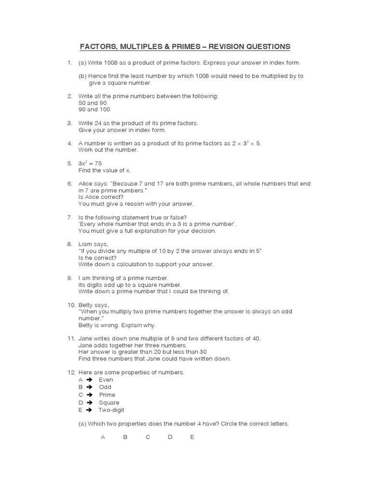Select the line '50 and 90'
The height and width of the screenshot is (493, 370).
tap(92, 103)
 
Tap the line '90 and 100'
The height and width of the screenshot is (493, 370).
tap(94, 109)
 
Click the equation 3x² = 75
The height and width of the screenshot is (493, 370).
tap(90, 164)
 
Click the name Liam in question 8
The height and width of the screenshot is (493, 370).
tap(85, 244)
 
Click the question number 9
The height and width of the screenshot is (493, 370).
tap(70, 278)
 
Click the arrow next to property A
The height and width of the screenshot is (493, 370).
tap(89, 380)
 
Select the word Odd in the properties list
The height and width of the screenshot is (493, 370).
tap(105, 387)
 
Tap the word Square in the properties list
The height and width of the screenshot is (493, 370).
tap(109, 402)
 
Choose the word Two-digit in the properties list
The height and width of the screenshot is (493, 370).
tap(111, 410)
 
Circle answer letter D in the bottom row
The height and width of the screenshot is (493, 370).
tap(170, 437)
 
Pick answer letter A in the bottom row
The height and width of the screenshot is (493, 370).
tap(103, 437)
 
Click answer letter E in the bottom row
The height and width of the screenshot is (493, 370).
tap(192, 437)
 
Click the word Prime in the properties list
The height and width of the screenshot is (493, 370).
tap(107, 395)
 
